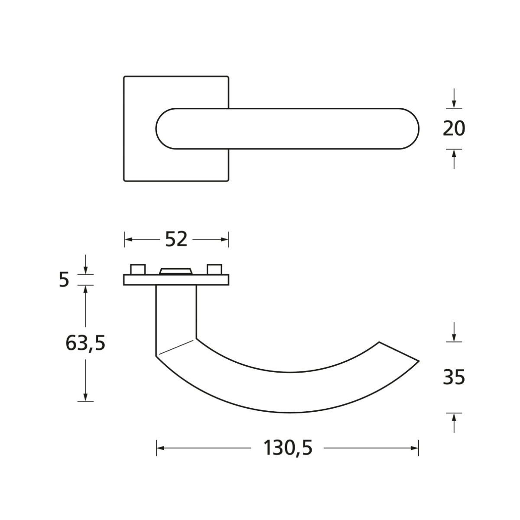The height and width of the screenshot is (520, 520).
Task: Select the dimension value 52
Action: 176,239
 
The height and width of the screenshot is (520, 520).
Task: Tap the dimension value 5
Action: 64,279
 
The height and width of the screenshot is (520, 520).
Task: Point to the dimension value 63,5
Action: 85,344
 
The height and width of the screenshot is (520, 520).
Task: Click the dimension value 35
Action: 454,377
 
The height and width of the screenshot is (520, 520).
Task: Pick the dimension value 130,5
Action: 288,448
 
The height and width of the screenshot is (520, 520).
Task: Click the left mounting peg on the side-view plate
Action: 138,269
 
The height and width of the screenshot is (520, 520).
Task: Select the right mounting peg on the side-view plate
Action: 214,269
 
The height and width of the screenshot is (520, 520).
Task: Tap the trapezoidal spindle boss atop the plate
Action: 176,271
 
